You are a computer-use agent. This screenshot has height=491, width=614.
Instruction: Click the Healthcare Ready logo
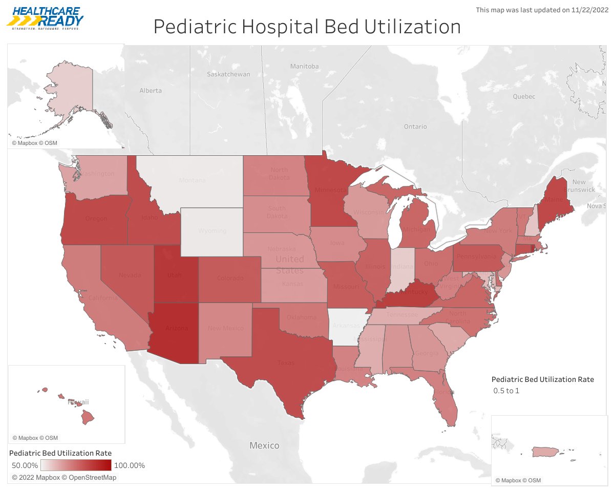coord(45,18)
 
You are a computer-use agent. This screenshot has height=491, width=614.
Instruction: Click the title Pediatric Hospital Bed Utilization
coord(307,27)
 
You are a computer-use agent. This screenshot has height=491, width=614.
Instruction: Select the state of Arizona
coord(176,328)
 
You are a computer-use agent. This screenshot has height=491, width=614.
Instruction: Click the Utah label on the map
coord(175,275)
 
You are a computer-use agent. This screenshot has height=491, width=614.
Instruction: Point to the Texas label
coord(286,363)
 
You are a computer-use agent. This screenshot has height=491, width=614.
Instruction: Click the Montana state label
coord(192,180)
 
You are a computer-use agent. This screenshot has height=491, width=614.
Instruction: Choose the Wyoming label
coord(212,230)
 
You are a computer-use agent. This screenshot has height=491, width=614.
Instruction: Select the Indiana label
coord(404,267)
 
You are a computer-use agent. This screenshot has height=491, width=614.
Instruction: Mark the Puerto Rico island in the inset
coord(544,452)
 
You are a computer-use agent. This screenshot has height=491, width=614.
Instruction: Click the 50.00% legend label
coord(25,465)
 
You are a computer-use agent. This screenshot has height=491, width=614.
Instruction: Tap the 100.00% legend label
coord(130,465)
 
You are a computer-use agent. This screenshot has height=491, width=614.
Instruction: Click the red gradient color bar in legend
coord(76,465)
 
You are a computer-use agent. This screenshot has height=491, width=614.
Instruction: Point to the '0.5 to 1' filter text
coord(506,391)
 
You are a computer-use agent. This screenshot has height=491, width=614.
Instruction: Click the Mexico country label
coord(264,445)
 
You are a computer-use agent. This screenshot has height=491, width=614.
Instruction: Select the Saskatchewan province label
coord(228,74)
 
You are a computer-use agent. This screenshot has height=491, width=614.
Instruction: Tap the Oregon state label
coord(96,219)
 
